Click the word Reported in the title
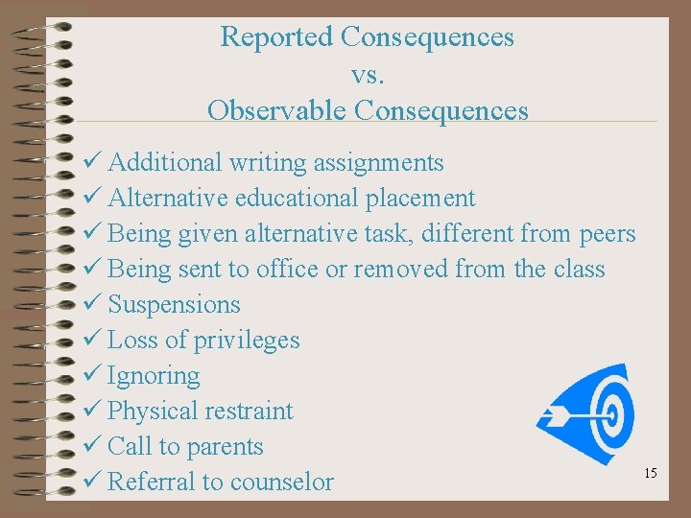click(x=276, y=37)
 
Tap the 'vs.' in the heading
click(x=368, y=74)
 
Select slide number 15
click(x=651, y=473)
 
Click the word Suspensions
click(x=174, y=305)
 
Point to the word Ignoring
click(x=154, y=376)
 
